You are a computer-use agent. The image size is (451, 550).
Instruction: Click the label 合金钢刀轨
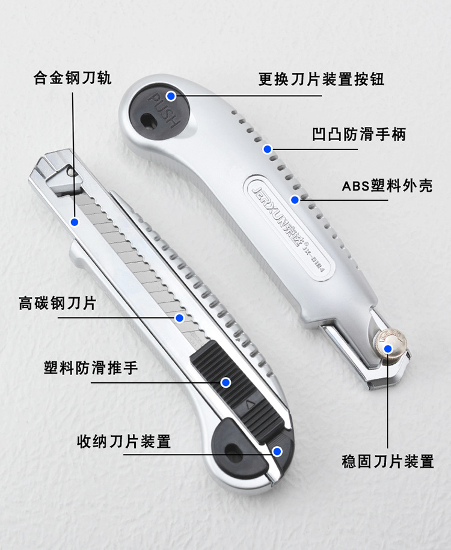[x=72, y=79]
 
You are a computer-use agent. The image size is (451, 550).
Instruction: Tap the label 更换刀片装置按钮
[x=321, y=79]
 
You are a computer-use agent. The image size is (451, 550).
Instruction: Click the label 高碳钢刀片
[x=57, y=304]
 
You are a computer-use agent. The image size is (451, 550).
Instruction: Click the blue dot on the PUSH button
[x=171, y=96]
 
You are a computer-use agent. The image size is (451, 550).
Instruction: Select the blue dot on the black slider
[x=226, y=382]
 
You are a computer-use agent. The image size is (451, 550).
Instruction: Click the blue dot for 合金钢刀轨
[x=75, y=222]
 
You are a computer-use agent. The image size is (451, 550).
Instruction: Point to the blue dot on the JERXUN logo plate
[x=295, y=199]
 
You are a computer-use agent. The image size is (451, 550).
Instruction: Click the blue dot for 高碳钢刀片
[x=179, y=317]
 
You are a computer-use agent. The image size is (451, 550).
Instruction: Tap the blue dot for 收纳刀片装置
[x=277, y=451]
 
